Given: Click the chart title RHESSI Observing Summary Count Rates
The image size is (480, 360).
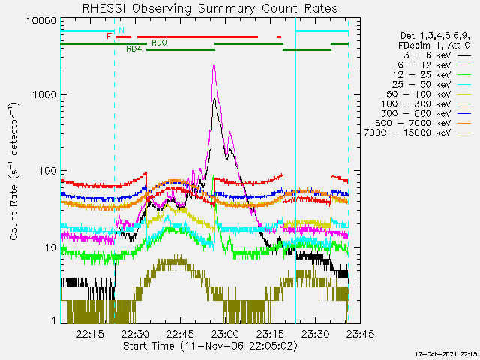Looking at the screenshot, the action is click(x=210, y=8).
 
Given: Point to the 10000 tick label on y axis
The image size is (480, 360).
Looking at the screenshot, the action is click(x=42, y=21).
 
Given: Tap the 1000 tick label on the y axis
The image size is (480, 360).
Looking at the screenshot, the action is click(x=45, y=94).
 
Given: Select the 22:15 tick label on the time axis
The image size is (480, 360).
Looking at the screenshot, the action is click(x=90, y=333).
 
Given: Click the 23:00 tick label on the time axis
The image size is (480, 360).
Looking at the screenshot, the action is click(x=225, y=333).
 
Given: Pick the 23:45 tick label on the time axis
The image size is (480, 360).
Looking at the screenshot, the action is click(x=360, y=333).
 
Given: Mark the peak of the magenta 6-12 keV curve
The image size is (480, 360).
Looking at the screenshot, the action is click(x=214, y=64).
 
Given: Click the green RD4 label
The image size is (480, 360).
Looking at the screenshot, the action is click(x=134, y=49).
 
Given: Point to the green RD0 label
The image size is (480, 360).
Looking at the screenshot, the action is click(x=159, y=43).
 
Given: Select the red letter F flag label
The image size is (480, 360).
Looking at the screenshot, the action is click(x=109, y=37).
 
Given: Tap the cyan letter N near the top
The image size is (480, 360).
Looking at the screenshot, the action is click(x=121, y=30).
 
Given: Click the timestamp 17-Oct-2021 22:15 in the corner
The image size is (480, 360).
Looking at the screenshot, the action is click(x=446, y=354).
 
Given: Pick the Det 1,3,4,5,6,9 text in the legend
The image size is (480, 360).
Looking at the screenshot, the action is click(x=435, y=36).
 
